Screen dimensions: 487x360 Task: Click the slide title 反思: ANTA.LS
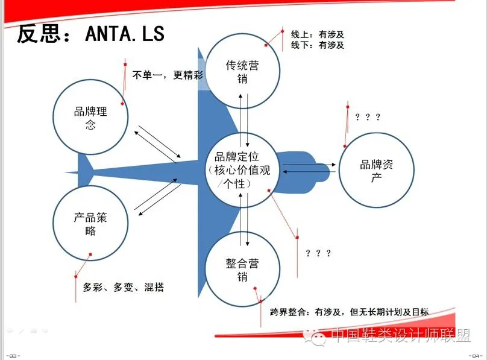pyautogui.click(x=91, y=33)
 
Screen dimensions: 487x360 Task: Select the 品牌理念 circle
pyautogui.click(x=90, y=118)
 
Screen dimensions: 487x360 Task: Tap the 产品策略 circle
pyautogui.click(x=90, y=223)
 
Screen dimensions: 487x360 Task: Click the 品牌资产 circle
pyautogui.click(x=377, y=171)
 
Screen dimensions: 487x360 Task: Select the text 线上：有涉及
pyautogui.click(x=318, y=34)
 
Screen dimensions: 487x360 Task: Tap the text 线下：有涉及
pyautogui.click(x=318, y=45)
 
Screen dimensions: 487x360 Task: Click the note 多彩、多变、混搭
pyautogui.click(x=123, y=288)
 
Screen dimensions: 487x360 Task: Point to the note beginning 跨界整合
pyautogui.click(x=350, y=312)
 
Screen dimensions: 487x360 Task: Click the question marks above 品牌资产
pyautogui.click(x=368, y=116)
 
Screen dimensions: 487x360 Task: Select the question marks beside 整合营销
pyautogui.click(x=318, y=253)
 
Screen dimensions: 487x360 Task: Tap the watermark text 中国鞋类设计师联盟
pyautogui.click(x=401, y=336)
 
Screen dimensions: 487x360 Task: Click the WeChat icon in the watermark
pyautogui.click(x=318, y=336)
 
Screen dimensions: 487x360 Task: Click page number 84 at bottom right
pyautogui.click(x=476, y=355)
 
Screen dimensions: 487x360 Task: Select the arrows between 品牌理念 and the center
pyautogui.click(x=157, y=144)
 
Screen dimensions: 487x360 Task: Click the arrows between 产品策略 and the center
pyautogui.click(x=157, y=198)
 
